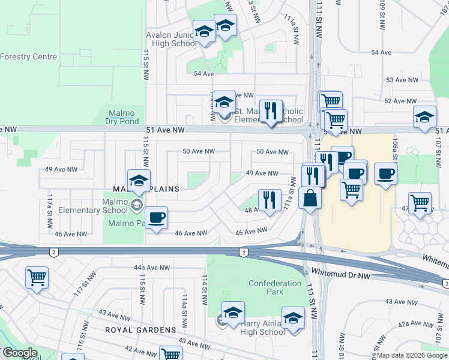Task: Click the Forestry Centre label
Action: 28,57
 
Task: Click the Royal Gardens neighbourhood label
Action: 140,330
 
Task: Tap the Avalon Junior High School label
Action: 172,39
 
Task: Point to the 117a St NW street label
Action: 49,204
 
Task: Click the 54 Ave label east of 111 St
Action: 381,52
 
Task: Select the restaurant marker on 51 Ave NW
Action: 271,110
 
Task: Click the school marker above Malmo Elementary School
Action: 139,180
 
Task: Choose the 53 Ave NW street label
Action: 397,80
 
